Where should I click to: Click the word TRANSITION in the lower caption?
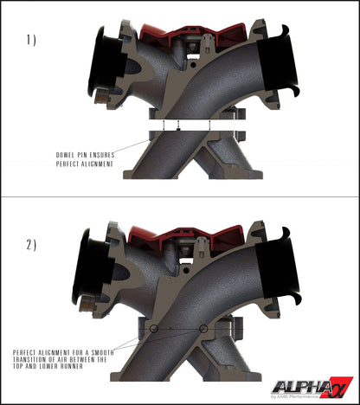tap(35, 363)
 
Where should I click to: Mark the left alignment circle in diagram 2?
tap(153, 331)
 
